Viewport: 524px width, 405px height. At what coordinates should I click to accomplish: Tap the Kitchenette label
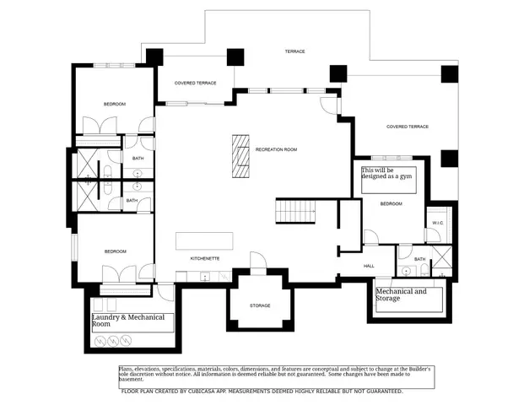pyautogui.click(x=205, y=257)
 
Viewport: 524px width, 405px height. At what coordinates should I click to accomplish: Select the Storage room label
pyautogui.click(x=260, y=305)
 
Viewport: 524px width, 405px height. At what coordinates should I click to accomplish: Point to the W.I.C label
pyautogui.click(x=437, y=223)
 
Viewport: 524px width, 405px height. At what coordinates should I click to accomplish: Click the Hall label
pyautogui.click(x=369, y=266)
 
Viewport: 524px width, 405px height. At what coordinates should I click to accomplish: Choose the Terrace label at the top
pyautogui.click(x=294, y=51)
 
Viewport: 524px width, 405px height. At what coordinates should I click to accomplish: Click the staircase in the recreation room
pyautogui.click(x=295, y=211)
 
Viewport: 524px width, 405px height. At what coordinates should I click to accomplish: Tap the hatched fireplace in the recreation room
pyautogui.click(x=242, y=156)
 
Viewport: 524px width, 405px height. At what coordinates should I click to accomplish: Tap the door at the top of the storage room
pyautogui.click(x=257, y=262)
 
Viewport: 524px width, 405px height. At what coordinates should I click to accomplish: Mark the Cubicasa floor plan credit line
pyautogui.click(x=262, y=391)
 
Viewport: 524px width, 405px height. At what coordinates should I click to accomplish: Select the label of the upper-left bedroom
pyautogui.click(x=115, y=104)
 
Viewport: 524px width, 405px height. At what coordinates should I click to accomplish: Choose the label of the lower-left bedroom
pyautogui.click(x=115, y=251)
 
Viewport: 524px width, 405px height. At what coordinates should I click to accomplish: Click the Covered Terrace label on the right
pyautogui.click(x=408, y=127)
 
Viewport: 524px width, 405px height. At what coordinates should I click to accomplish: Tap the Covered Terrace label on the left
pyautogui.click(x=196, y=84)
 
